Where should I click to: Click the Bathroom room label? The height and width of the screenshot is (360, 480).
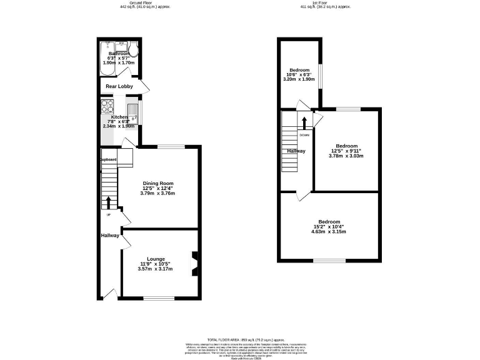119,54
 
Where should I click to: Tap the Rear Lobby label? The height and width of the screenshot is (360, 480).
119,86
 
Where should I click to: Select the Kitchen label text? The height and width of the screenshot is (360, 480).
119,117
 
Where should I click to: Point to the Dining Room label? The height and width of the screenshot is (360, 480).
156,182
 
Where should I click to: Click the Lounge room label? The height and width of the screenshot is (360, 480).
156,258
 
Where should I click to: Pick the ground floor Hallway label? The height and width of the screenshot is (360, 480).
110,235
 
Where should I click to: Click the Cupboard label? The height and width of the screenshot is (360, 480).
109,159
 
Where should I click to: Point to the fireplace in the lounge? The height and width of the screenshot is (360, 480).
194,262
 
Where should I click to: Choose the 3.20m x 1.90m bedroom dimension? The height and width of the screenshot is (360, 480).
299,79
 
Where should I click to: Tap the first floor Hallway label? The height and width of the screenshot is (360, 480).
296,151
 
